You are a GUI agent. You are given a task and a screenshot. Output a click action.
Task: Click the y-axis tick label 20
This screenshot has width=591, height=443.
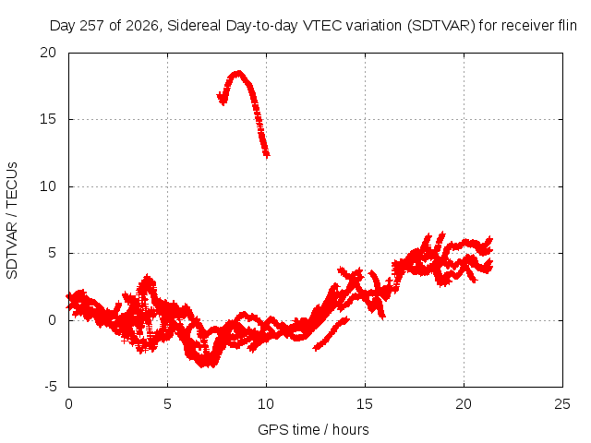(48, 53)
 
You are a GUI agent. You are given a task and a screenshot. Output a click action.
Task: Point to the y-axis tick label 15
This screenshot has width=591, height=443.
(48, 119)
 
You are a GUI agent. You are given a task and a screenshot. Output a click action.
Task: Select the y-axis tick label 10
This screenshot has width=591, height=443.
(48, 186)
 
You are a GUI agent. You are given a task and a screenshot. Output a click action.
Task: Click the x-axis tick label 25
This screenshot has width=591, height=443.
(562, 404)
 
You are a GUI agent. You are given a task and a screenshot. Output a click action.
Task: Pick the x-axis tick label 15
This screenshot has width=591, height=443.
(365, 404)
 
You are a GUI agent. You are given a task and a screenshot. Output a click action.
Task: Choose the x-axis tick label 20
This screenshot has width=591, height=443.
(464, 404)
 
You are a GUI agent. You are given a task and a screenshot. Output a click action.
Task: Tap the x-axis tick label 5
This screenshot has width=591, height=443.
(167, 404)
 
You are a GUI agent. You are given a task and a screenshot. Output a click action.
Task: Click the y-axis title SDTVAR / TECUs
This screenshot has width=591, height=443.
(12, 221)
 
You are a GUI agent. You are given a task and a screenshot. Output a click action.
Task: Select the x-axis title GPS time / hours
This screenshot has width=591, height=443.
(313, 429)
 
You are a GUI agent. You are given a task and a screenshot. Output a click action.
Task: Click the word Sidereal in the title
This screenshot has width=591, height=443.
(194, 26)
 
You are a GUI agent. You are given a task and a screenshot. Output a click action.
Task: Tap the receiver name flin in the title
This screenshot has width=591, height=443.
(567, 26)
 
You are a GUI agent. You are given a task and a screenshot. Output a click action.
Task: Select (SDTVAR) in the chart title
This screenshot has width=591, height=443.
(441, 26)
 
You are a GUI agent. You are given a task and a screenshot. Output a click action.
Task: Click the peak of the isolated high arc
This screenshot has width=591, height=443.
(238, 73)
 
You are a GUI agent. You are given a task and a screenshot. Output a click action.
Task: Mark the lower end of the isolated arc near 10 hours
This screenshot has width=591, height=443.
(267, 154)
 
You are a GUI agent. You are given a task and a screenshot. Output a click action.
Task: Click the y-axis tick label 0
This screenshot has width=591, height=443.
(52, 320)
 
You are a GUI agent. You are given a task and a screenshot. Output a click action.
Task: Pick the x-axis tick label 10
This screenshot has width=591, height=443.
(266, 404)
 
